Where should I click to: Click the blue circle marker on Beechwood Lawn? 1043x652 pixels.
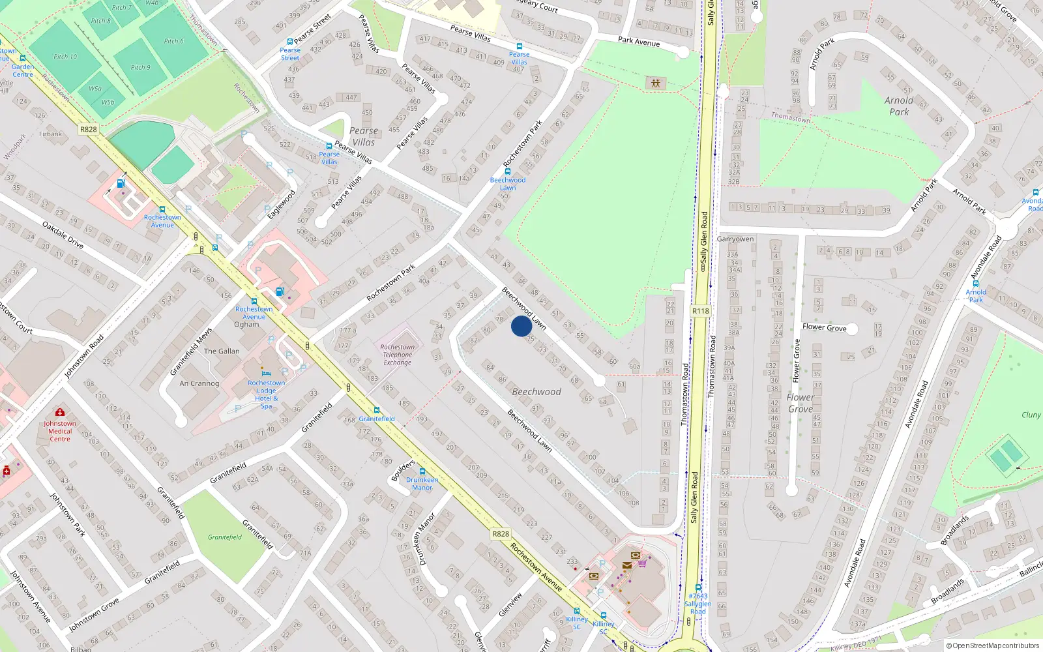pyautogui.click(x=521, y=326)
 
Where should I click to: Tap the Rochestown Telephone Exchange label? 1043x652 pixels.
pyautogui.click(x=398, y=355)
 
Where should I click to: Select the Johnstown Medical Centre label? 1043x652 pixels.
pyautogui.click(x=60, y=431)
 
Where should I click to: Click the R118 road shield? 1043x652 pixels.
pyautogui.click(x=701, y=311)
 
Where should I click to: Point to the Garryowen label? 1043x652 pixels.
pyautogui.click(x=735, y=239)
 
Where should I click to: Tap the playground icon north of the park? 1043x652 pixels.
pyautogui.click(x=655, y=83)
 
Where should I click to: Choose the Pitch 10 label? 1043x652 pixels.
pyautogui.click(x=65, y=57)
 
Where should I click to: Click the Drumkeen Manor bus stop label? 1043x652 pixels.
pyautogui.click(x=422, y=483)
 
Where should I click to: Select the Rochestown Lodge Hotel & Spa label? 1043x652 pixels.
pyautogui.click(x=266, y=394)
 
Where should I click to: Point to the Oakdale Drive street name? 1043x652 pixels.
pyautogui.click(x=63, y=235)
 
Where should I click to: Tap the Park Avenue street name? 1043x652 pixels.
pyautogui.click(x=639, y=42)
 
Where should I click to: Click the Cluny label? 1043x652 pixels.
pyautogui.click(x=1031, y=415)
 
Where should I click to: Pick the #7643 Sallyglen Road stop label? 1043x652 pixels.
pyautogui.click(x=698, y=604)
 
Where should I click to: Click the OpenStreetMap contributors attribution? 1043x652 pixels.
pyautogui.click(x=993, y=645)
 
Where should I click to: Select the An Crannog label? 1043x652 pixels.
pyautogui.click(x=199, y=383)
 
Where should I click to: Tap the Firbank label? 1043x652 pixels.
pyautogui.click(x=51, y=134)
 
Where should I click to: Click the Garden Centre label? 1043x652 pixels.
pyautogui.click(x=22, y=70)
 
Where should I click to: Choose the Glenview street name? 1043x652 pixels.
pyautogui.click(x=510, y=604)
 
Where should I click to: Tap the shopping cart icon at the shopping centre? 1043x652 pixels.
pyautogui.click(x=643, y=563)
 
